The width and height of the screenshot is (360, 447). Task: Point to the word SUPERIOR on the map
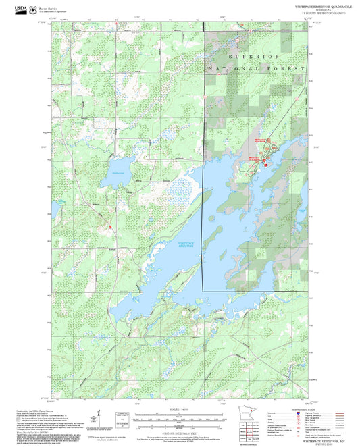pyautogui.click(x=253, y=56)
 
